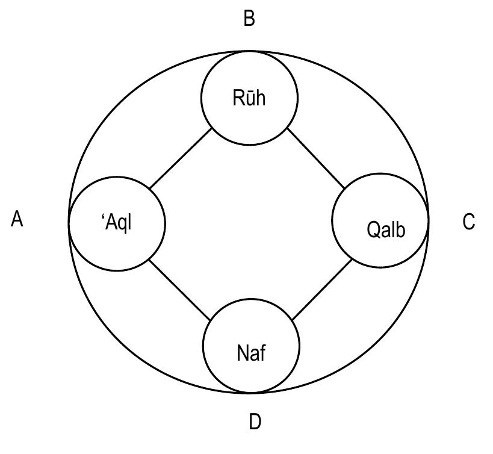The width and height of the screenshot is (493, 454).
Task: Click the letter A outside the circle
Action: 17,220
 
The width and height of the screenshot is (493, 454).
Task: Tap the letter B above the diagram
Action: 249,19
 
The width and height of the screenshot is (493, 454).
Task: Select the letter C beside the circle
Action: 468,222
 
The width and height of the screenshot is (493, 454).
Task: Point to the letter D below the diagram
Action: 255,422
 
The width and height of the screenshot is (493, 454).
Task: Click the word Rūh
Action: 249,98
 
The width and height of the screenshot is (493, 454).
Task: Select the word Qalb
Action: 386,229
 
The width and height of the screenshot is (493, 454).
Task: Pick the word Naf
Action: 251,352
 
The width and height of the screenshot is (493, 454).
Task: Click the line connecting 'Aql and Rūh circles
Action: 180,158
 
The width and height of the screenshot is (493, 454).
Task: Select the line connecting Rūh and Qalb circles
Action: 316,158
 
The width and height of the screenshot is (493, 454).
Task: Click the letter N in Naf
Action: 242,352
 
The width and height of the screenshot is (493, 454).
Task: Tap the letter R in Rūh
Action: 238,98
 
